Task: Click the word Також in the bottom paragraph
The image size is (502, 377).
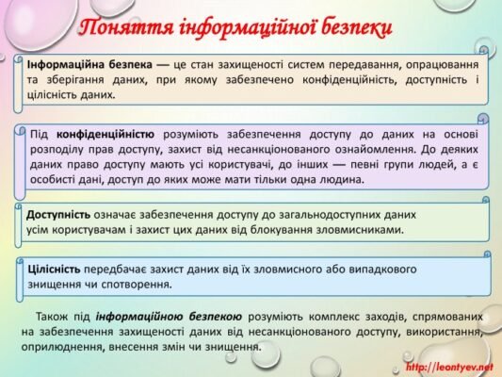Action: pos(52,317)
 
